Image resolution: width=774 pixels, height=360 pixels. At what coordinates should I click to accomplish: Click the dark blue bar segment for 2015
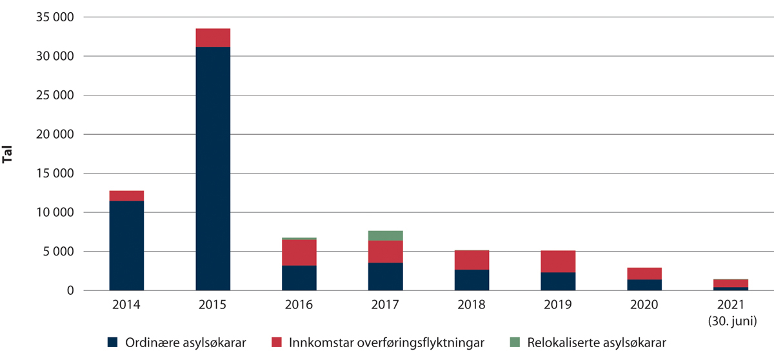point(213,168)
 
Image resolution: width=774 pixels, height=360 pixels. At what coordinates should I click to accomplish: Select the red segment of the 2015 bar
point(213,38)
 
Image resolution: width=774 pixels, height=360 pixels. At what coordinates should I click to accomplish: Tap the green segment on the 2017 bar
point(386,235)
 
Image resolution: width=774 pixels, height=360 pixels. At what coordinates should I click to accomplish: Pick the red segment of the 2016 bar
point(299,252)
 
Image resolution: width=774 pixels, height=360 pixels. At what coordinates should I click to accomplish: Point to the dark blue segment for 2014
point(126,245)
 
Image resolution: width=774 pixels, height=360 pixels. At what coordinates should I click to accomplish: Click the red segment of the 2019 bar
point(559,261)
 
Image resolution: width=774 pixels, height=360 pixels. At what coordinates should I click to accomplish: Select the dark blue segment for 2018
point(472,280)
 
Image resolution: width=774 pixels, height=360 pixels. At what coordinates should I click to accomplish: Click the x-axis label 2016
point(299,304)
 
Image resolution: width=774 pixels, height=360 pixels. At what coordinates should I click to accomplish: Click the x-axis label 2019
point(559,304)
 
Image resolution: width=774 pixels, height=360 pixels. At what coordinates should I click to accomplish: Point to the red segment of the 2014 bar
point(126,195)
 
